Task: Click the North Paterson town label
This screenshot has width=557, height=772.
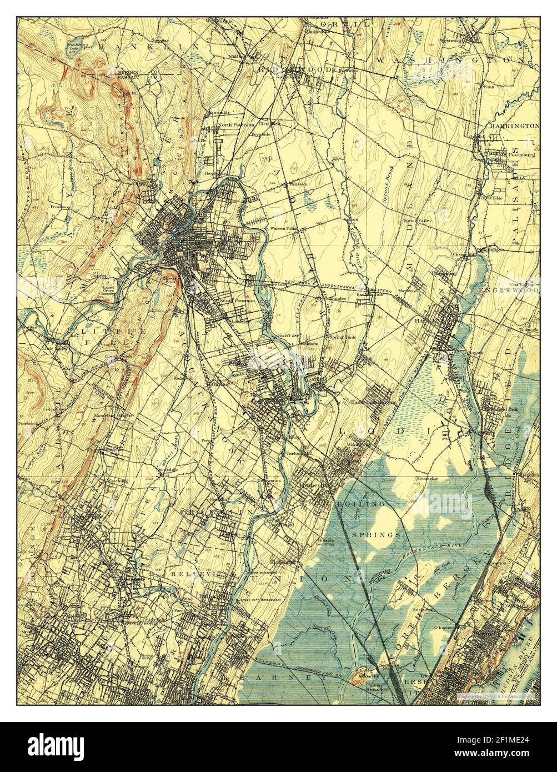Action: [x=235, y=125]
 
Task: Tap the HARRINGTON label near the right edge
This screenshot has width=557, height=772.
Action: [x=514, y=126]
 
